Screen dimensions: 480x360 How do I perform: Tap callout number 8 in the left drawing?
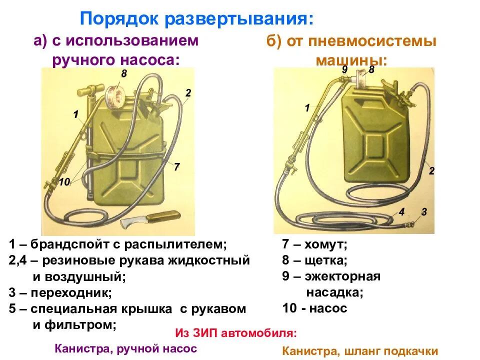tap(124, 74)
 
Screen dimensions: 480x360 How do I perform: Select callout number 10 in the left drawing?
tap(63, 183)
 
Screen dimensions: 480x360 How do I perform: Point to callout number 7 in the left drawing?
tap(177, 167)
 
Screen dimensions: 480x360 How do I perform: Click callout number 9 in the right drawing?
tap(344, 70)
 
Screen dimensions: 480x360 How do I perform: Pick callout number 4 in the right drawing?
tap(401, 211)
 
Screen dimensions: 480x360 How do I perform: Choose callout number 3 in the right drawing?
tap(424, 211)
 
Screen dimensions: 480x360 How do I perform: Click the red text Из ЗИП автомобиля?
tap(236, 333)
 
